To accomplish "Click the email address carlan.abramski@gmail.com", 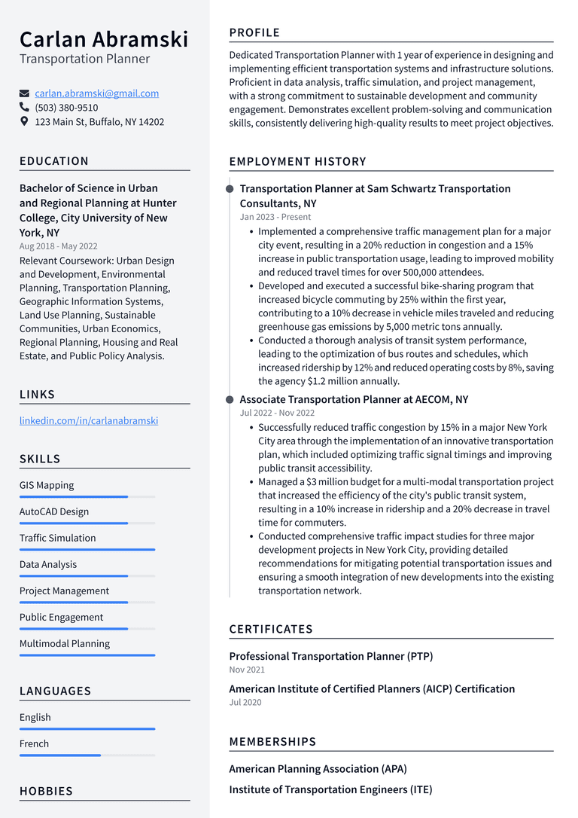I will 96,93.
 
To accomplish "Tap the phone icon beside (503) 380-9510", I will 24,108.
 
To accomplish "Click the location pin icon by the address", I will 24,121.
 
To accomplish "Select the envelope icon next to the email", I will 24,93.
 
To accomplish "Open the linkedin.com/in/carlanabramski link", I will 89,421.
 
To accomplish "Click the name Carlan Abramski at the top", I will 104,39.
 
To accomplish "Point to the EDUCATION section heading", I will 54,161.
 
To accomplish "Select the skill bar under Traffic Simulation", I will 87,550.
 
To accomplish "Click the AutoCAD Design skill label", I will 54,511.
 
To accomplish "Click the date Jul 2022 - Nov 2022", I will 277,413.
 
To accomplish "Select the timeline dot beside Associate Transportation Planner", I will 230,400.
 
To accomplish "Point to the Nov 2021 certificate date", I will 247,670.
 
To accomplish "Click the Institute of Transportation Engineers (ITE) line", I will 330,789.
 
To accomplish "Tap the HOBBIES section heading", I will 46,791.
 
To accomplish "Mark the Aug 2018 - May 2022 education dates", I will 58,246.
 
